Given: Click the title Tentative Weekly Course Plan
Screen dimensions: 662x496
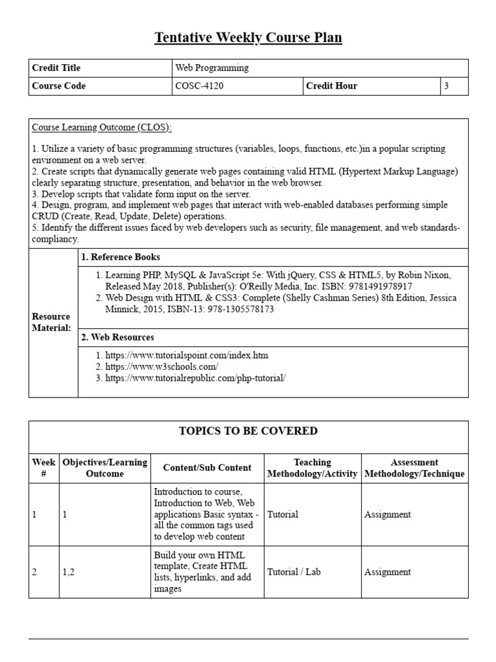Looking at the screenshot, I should click(248, 38).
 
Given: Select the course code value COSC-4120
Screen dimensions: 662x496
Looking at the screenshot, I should click(200, 86).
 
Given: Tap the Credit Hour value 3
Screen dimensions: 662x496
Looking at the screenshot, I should click(446, 86).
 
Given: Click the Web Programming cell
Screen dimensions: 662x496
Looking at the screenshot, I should click(212, 68).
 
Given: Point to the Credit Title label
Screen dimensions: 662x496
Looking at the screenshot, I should click(56, 68).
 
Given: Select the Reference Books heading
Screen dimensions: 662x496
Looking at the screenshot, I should click(121, 257).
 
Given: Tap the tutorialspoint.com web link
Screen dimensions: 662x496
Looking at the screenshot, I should click(187, 355).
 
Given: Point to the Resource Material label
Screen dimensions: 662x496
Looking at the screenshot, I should click(51, 322).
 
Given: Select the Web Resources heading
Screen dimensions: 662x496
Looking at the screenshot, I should click(118, 337).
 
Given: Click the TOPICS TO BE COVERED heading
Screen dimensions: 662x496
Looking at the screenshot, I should click(248, 431).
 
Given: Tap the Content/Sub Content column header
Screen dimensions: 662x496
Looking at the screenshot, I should click(207, 467).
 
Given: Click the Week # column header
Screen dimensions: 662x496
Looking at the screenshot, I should click(43, 467).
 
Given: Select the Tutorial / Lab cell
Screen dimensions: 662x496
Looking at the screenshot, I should click(294, 571).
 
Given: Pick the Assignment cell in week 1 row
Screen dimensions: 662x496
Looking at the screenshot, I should click(387, 515).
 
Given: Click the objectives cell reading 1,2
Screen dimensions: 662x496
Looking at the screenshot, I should click(68, 571).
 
